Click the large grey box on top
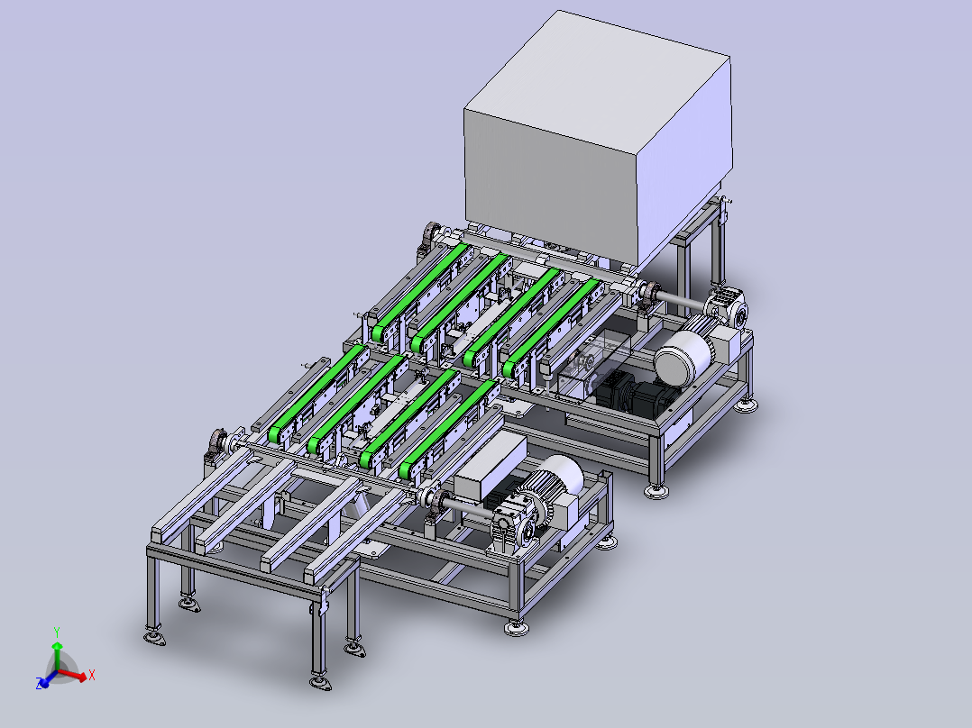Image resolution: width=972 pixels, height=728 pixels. (598, 142)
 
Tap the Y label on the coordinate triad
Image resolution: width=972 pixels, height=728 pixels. (57, 632)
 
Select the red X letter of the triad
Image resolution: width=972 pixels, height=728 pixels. (92, 675)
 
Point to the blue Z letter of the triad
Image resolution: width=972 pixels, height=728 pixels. (40, 684)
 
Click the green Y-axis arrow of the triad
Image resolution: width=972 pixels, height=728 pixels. (57, 657)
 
